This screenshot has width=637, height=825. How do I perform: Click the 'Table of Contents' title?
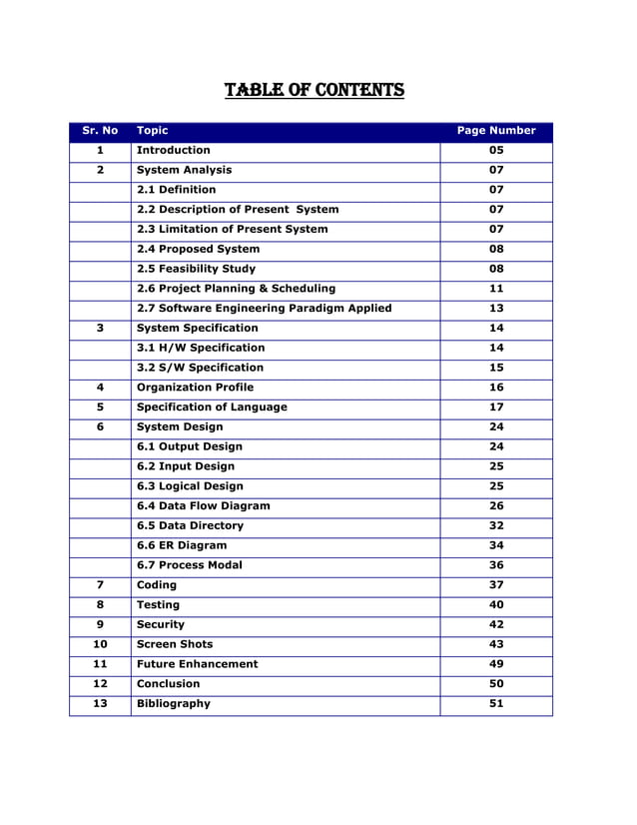coord(315,91)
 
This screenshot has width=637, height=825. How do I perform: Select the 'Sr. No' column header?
coord(100,131)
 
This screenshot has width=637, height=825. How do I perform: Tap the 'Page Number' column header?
coord(496,131)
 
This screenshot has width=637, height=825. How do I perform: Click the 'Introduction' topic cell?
coord(174,151)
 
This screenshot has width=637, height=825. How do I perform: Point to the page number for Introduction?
coord(496,151)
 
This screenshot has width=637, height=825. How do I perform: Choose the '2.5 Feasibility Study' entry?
coord(196,269)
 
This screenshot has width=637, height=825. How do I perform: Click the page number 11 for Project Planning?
coord(496,289)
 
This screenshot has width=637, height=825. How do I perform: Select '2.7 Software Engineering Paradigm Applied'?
coord(264,309)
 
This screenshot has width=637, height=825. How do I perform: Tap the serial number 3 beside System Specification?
coord(100,328)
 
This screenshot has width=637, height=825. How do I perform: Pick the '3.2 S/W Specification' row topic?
coord(200,368)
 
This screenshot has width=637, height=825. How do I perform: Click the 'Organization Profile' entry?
coord(195,388)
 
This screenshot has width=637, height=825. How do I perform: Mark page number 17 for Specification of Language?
coord(496,408)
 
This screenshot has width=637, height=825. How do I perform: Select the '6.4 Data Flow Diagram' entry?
coord(203,506)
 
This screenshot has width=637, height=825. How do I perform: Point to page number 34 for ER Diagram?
coord(496,545)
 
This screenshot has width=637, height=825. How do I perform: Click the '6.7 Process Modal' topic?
coord(189,565)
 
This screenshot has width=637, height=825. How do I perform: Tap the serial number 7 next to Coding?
coord(100,585)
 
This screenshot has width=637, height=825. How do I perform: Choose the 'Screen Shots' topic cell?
coord(175,644)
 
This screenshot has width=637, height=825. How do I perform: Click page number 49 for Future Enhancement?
coord(496,664)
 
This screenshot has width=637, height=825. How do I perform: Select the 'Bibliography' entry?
coord(174,704)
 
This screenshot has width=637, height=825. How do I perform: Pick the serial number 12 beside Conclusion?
coord(100,684)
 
